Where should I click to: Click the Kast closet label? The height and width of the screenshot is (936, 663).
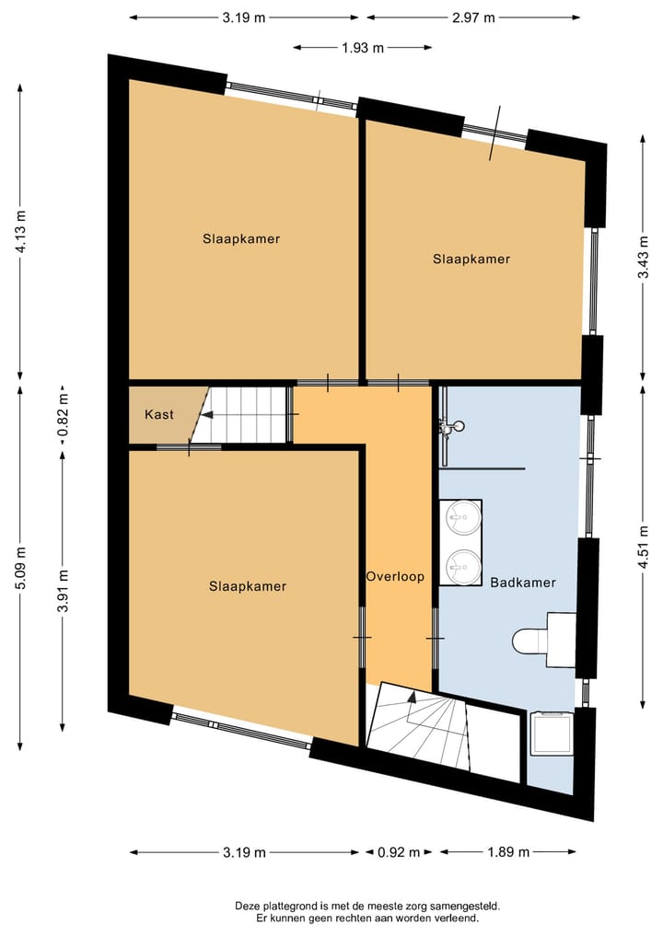pyautogui.click(x=159, y=415)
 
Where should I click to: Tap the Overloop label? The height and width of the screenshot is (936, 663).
pyautogui.click(x=395, y=577)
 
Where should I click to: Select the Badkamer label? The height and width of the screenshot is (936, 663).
pyautogui.click(x=522, y=583)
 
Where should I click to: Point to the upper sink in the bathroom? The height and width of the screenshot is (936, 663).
pyautogui.click(x=460, y=517)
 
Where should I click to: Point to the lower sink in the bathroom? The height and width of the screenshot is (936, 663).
pyautogui.click(x=460, y=566)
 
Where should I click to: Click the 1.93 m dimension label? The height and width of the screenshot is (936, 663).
pyautogui.click(x=363, y=48)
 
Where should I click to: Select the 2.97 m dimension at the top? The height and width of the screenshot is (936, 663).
pyautogui.click(x=473, y=17)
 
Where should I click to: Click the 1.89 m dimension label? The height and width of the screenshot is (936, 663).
pyautogui.click(x=507, y=852)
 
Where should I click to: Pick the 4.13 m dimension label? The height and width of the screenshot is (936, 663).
pyautogui.click(x=21, y=231)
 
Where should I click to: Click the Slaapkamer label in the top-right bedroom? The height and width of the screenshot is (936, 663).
pyautogui.click(x=471, y=260)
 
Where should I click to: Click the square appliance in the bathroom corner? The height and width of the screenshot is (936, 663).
pyautogui.click(x=552, y=734)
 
